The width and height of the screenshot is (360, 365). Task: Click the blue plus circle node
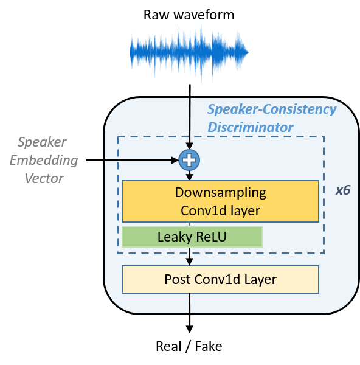pyautogui.click(x=189, y=160)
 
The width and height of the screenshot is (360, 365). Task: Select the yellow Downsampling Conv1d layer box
pyautogui.click(x=220, y=201)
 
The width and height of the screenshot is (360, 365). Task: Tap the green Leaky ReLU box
pyautogui.click(x=192, y=237)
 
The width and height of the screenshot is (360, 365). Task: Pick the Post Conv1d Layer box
pyautogui.click(x=220, y=279)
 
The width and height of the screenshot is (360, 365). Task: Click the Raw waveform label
pyautogui.click(x=189, y=15)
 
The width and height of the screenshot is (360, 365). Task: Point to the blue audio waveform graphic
pyautogui.click(x=189, y=53)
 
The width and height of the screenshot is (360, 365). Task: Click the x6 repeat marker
pyautogui.click(x=343, y=190)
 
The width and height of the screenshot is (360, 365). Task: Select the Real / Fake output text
pyautogui.click(x=189, y=346)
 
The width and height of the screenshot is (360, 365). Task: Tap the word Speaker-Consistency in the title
pyautogui.click(x=272, y=109)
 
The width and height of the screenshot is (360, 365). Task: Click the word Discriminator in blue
pyautogui.click(x=251, y=127)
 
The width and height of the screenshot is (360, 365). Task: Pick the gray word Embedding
pyautogui.click(x=44, y=161)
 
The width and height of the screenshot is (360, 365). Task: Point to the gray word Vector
pyautogui.click(x=44, y=178)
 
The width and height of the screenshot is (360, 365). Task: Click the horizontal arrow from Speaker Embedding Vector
pyautogui.click(x=132, y=160)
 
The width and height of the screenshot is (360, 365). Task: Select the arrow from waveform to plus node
pyautogui.click(x=190, y=117)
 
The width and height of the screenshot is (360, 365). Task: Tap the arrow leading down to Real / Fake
pyautogui.click(x=190, y=313)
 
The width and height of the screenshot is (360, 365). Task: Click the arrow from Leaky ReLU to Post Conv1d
pyautogui.click(x=190, y=256)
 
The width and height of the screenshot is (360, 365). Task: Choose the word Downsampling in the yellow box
pyautogui.click(x=220, y=193)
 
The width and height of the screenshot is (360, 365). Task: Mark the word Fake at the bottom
pyautogui.click(x=209, y=346)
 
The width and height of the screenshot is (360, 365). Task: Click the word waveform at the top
pyautogui.click(x=204, y=15)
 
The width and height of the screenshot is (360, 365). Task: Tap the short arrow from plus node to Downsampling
pyautogui.click(x=190, y=176)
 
